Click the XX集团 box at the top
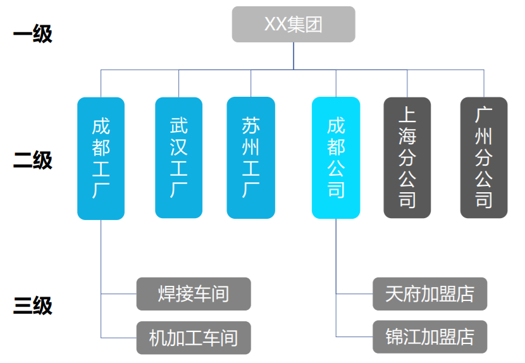[x=293, y=24]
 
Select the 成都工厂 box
[x=101, y=158]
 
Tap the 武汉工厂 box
[x=179, y=157]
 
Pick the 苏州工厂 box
[x=250, y=157]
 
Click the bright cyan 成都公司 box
[x=336, y=157]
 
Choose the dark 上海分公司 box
[x=407, y=157]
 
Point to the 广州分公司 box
[x=484, y=157]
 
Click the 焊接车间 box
[x=194, y=294]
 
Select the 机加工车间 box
[x=194, y=338]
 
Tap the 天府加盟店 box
[x=429, y=294]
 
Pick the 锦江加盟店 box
[x=429, y=337]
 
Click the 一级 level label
[x=33, y=34]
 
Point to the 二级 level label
[x=33, y=160]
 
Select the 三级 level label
[x=33, y=306]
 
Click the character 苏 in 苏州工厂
[x=250, y=125]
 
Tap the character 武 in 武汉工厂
[x=179, y=125]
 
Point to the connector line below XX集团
[x=293, y=56]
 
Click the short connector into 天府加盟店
[x=354, y=294]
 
